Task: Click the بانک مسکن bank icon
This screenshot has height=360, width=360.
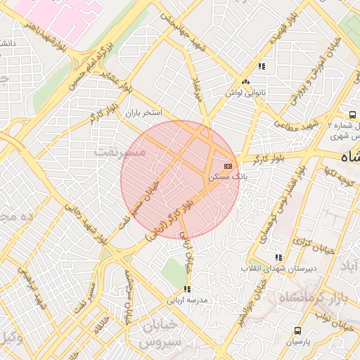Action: click(x=228, y=165)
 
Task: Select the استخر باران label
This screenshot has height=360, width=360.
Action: click(x=144, y=112)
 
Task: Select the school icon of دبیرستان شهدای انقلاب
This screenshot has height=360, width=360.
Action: click(x=279, y=257)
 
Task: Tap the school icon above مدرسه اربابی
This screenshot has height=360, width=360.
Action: click(x=186, y=288)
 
